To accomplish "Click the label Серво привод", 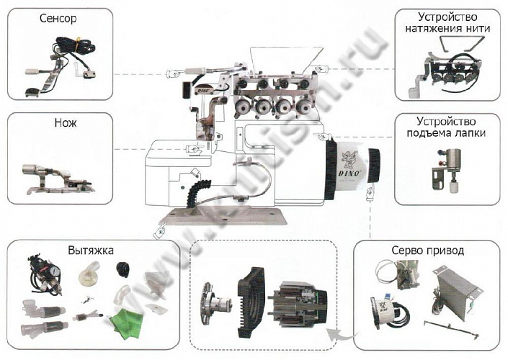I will [428, 251].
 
